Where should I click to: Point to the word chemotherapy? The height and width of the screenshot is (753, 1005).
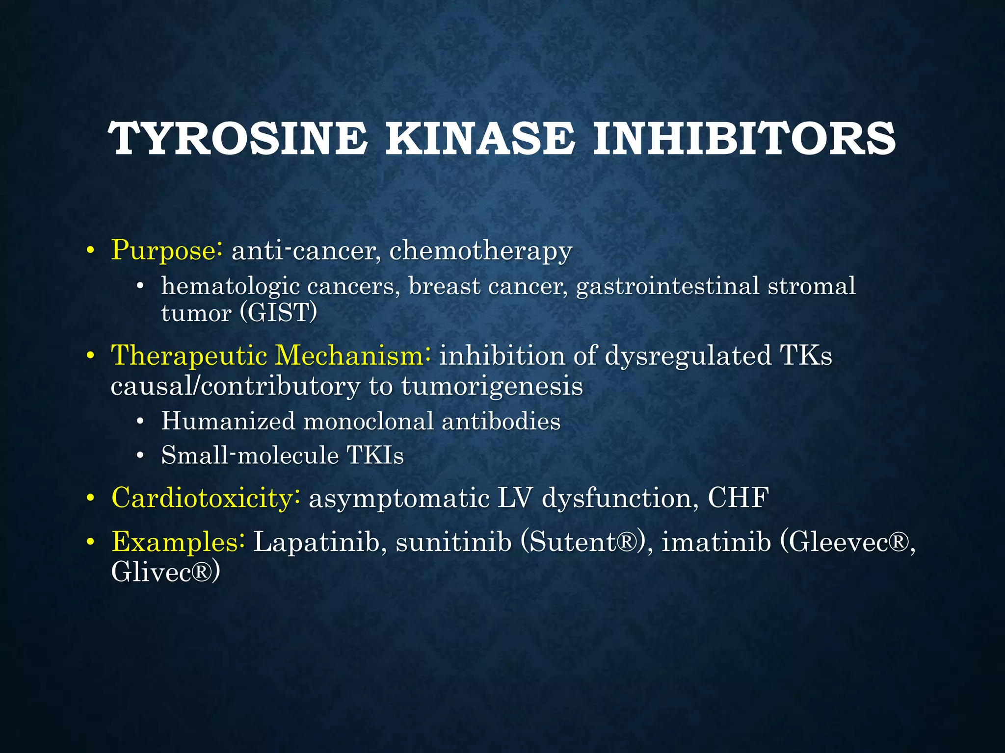click(x=481, y=251)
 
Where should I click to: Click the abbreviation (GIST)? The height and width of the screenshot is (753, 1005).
click(x=279, y=312)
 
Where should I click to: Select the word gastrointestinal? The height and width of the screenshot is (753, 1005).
click(x=668, y=286)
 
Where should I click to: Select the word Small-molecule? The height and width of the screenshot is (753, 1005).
click(x=250, y=455)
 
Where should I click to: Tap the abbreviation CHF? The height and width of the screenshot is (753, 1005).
click(x=738, y=498)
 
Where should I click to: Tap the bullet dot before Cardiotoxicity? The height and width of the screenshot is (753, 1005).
click(x=90, y=499)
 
